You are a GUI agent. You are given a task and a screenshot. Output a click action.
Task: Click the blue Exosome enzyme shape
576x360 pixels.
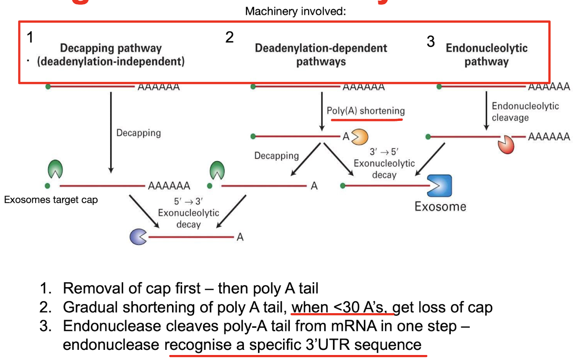click(439, 186)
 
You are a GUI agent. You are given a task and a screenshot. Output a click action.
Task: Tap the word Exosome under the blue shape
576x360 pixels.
click(440, 206)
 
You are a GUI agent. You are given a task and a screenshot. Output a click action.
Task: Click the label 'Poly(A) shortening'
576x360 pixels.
click(365, 111)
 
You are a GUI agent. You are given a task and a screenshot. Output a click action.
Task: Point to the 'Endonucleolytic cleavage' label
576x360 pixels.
click(519, 112)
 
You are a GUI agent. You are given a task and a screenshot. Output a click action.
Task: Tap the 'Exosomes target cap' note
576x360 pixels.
click(51, 200)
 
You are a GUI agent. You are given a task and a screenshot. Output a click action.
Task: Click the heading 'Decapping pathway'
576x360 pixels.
click(111, 48)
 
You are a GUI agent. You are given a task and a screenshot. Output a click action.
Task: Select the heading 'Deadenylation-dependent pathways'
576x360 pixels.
click(321, 55)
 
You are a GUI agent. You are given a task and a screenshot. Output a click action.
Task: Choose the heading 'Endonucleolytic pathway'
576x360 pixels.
click(486, 55)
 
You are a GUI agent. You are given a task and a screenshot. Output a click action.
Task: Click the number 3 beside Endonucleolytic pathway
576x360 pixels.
click(430, 42)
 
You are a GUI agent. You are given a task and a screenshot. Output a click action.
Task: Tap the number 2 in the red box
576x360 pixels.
click(229, 38)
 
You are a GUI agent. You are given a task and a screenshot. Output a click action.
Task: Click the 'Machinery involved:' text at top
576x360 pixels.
click(295, 11)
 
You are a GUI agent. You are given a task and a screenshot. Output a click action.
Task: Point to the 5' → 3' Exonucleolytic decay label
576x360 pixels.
click(188, 213)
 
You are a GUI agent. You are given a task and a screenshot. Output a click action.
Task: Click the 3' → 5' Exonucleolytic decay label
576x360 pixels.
click(384, 163)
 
